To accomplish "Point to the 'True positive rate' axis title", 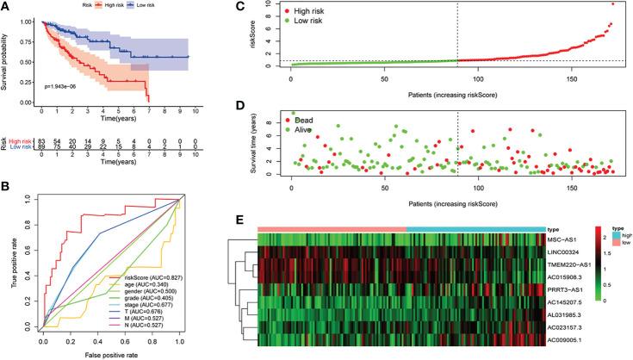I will pos(8,272).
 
